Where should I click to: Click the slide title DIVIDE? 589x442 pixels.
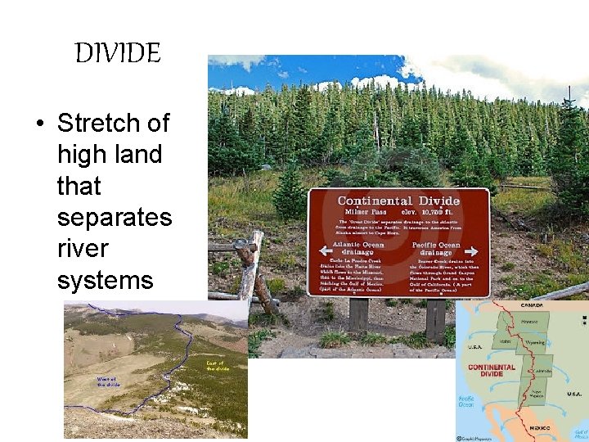coord(118,55)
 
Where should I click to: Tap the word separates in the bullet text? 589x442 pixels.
coord(115,218)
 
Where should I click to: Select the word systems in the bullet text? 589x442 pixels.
coord(106,281)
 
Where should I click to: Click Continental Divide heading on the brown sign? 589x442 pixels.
coord(398,201)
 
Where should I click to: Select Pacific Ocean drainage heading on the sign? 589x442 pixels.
coord(437,248)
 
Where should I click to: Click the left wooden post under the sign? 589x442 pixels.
coord(357,315)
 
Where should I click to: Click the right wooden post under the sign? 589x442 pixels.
coord(436,318)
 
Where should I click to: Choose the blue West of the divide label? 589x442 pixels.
coord(109,381)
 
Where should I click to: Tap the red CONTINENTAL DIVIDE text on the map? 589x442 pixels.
coord(492,372)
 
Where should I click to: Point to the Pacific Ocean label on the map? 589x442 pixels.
coord(466,401)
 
